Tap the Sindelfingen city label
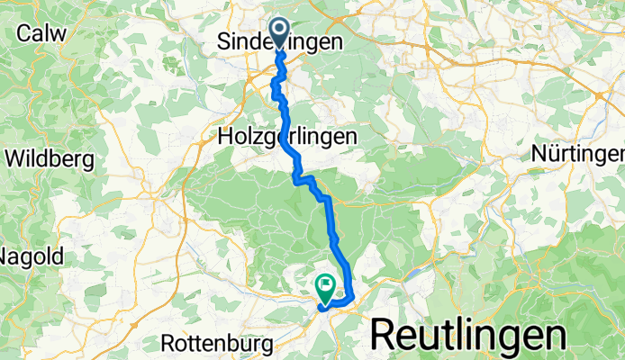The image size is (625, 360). (281, 42)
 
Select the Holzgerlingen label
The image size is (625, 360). (287, 136)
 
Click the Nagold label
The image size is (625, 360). (31, 256)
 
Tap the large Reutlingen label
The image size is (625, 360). (468, 335)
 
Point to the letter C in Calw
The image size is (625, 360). (24, 33)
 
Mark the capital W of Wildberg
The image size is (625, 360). (15, 159)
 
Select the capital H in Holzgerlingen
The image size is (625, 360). (226, 136)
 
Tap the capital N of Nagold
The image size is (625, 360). (5, 256)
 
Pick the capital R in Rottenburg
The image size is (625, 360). (169, 343)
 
